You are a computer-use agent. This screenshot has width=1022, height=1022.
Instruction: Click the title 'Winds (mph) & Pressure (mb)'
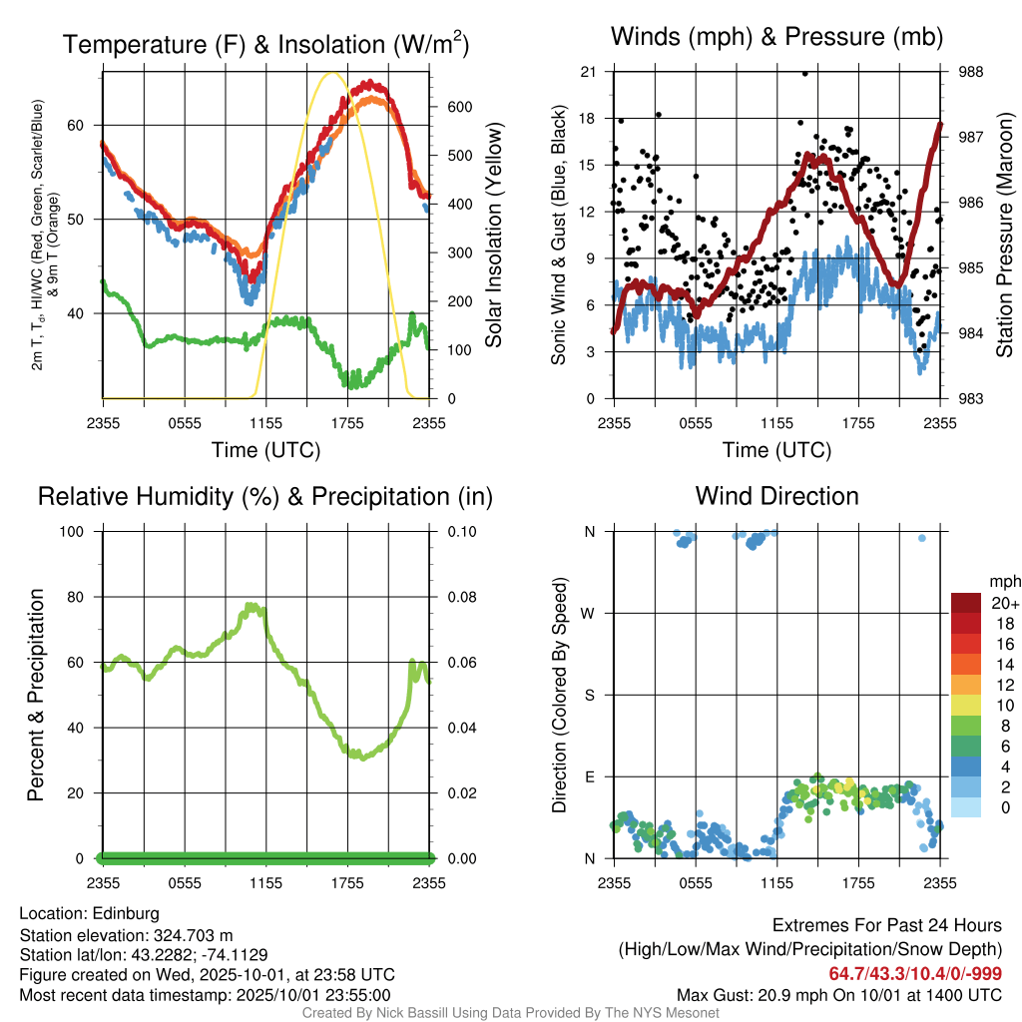(776, 37)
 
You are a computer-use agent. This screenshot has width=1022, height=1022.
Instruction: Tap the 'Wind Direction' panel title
(776, 496)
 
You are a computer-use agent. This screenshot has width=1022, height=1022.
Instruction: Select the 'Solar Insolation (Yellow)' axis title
(494, 236)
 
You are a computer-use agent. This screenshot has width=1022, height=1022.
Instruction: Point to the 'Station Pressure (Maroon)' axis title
(1004, 236)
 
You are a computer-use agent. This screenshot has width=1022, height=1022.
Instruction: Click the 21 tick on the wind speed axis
(588, 72)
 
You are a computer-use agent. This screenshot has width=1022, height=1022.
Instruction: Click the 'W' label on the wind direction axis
(590, 613)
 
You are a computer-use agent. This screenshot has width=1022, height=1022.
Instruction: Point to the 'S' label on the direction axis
(590, 695)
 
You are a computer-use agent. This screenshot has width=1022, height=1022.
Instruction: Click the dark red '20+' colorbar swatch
(965, 603)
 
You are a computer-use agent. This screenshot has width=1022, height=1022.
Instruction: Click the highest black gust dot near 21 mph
(804, 73)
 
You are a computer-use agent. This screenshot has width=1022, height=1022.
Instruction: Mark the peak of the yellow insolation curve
(332, 73)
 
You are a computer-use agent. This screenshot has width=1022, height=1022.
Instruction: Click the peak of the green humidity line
(252, 605)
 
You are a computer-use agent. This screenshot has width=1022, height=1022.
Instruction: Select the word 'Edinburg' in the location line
(126, 913)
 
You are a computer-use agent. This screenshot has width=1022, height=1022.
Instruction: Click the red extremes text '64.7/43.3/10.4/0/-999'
(915, 973)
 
